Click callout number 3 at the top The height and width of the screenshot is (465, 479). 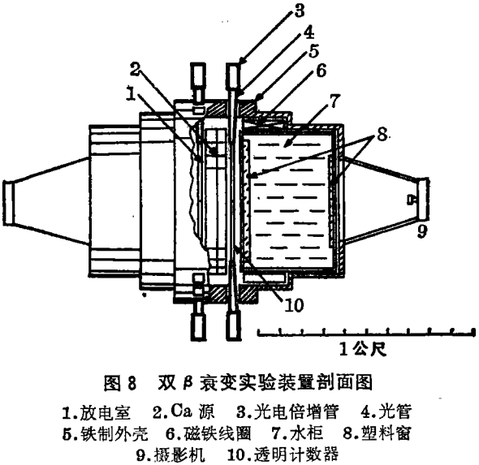pos(300,11)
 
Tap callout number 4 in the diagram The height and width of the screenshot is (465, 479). pos(309,32)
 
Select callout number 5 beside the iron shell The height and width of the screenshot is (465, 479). pos(313,51)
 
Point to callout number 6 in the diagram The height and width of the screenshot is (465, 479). pos(321,71)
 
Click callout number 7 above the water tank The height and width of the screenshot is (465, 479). pos(334,101)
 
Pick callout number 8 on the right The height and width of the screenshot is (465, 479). pos(382,134)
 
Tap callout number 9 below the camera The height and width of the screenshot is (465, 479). pos(422,231)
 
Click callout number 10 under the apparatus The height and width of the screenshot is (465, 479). pos(294,304)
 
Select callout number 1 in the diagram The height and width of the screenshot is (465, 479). pos(132,94)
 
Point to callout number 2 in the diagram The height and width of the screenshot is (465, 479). pos(135,70)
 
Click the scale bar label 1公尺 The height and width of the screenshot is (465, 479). pos(363,349)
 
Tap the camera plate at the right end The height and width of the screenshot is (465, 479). pos(424,200)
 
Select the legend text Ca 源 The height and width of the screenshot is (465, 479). pos(192,411)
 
